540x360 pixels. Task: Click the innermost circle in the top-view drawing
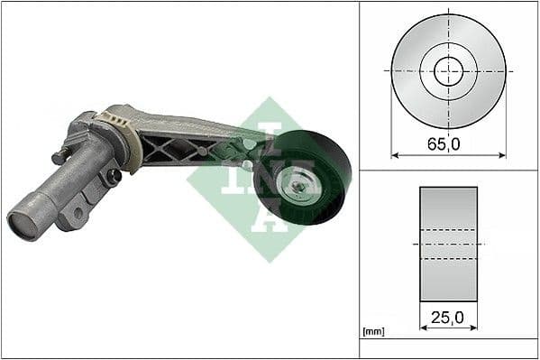pyautogui.click(x=448, y=70)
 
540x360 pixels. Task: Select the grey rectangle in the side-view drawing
pyautogui.click(x=448, y=244)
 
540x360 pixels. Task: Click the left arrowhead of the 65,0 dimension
pyautogui.click(x=394, y=155)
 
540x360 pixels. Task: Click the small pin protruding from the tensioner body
pyautogui.click(x=59, y=158)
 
